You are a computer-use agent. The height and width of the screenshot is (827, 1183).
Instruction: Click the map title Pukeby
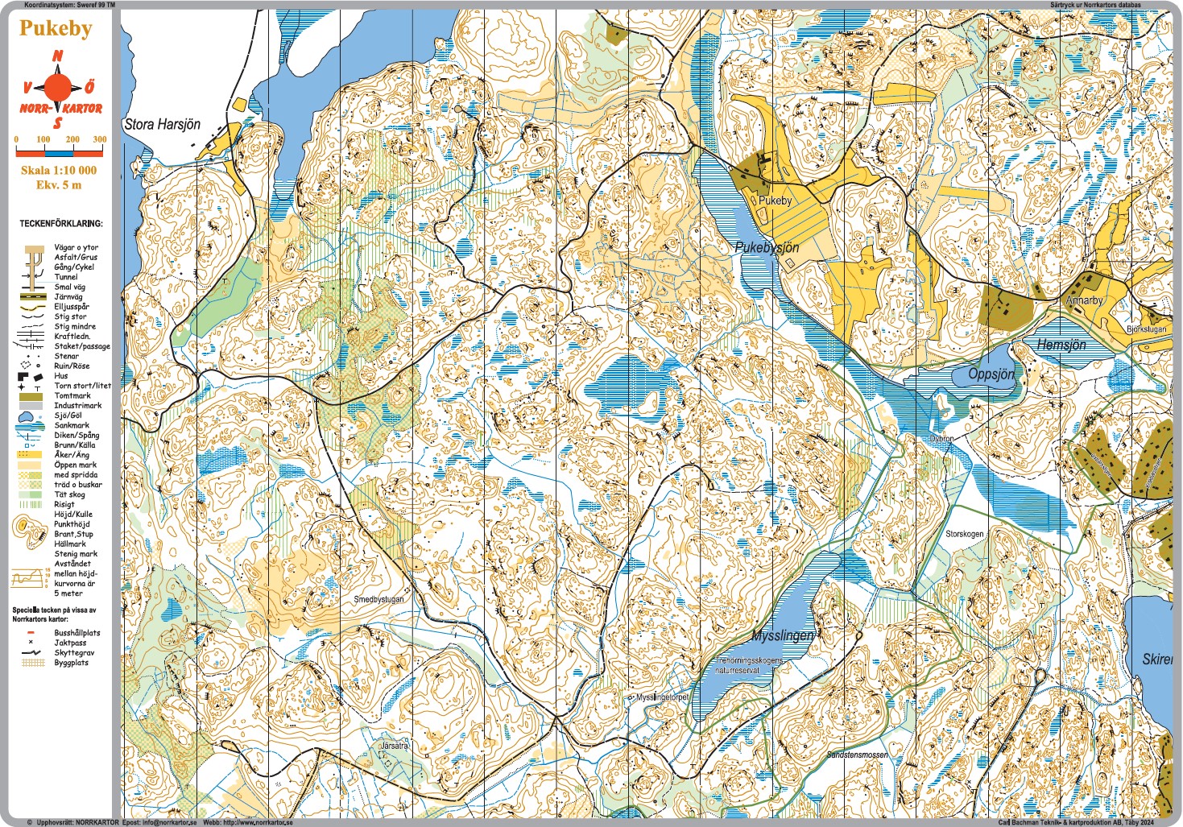point(56,28)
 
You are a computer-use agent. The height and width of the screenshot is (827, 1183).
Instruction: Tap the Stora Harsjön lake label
point(162,124)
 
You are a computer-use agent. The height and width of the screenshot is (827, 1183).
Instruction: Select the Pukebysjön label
point(767,247)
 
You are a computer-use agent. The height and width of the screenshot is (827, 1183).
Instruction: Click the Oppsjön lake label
point(991,374)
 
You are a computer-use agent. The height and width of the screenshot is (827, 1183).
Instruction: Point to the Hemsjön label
point(1061,345)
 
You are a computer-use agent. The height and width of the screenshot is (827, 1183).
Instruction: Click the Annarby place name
point(1084,300)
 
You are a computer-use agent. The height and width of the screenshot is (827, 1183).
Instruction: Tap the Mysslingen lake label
point(783,635)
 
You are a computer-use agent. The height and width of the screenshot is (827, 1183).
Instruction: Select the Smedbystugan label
point(378,599)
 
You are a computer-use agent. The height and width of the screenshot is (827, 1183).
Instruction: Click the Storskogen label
point(964,534)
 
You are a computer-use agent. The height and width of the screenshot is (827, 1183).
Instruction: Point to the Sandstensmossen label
point(857,755)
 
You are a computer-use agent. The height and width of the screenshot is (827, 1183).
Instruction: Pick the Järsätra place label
point(394,746)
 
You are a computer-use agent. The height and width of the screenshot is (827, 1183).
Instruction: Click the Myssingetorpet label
point(662,697)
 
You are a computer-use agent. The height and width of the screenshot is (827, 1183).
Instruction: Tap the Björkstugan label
point(1146,329)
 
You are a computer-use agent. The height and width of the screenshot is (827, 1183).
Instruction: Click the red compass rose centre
point(57,87)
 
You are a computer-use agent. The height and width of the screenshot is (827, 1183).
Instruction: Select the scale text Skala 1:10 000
point(59,170)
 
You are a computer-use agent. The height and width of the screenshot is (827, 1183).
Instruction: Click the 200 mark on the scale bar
point(72,139)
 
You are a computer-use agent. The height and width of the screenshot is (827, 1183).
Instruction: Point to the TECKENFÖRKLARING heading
point(61,223)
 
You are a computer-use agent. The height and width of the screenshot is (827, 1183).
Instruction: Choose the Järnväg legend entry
point(68,297)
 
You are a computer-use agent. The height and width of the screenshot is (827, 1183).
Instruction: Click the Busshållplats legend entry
point(77,633)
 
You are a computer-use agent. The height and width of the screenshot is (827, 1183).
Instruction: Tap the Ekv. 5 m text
point(59,184)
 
